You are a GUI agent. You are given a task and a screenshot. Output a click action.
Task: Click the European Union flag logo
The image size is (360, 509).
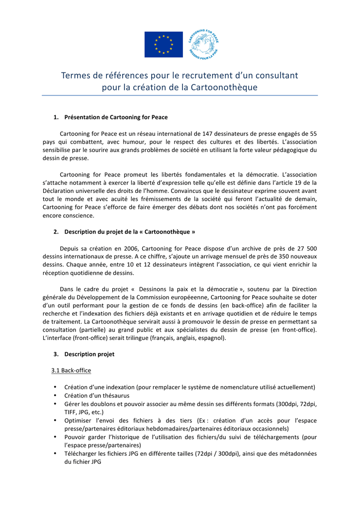164,44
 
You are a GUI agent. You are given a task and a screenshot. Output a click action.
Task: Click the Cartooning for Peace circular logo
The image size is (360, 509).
203,44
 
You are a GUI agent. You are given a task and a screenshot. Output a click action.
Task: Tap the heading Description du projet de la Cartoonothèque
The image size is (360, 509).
129,232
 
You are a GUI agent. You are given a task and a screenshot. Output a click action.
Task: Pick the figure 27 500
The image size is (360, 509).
306,248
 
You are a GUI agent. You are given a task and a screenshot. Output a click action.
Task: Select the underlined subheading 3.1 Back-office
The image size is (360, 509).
71,370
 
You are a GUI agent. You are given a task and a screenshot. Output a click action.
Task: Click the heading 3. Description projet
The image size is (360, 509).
89,354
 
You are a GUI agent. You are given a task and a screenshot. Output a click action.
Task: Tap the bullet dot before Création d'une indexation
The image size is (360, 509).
54,387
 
